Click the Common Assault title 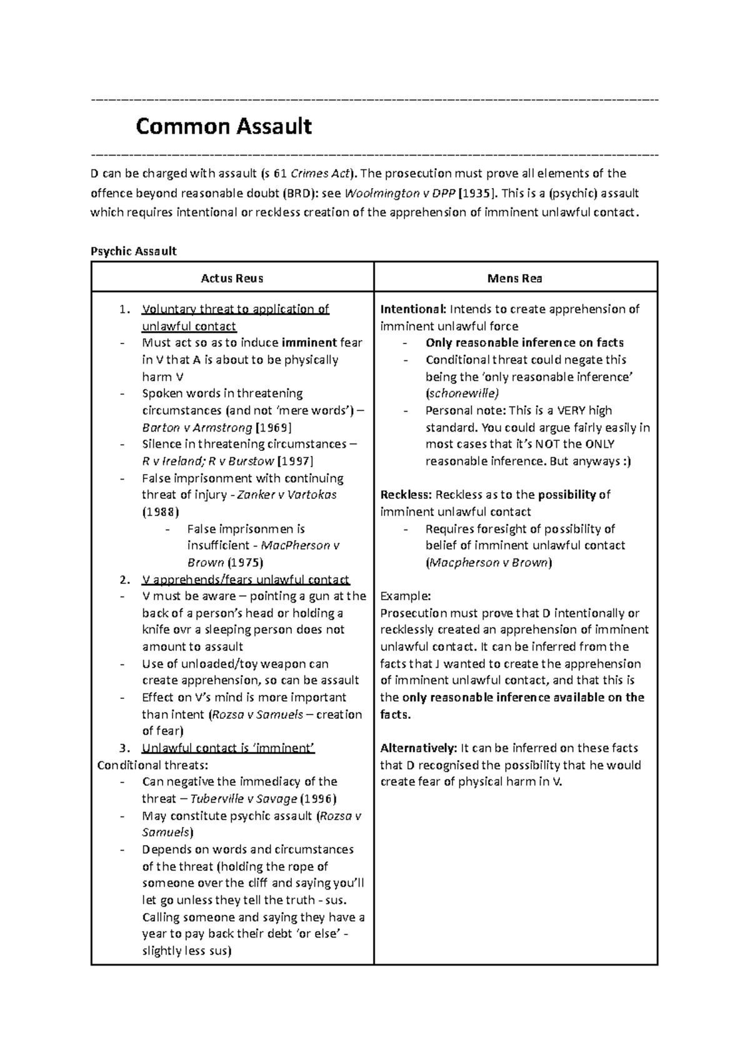224,127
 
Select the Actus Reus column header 232,279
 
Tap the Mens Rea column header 514,279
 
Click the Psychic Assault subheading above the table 134,251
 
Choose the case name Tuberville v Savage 243,799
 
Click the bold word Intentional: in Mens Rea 413,309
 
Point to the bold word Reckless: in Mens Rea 406,495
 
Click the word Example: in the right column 405,596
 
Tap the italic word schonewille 462,393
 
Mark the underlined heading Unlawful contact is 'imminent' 228,748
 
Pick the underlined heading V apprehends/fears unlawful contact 246,580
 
